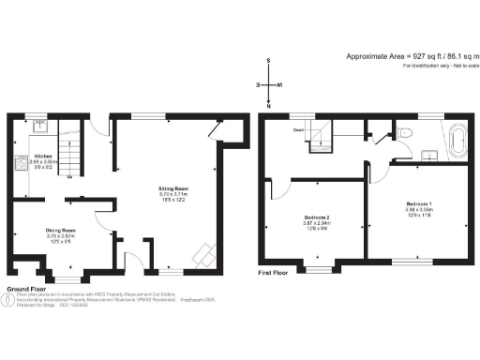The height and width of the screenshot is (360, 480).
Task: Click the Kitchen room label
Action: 43,156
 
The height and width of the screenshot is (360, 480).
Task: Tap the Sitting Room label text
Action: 170,188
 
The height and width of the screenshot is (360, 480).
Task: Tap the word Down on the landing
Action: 298,129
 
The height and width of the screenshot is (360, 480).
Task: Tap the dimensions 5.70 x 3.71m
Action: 170,195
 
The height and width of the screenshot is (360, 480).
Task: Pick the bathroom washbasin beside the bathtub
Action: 432,147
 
